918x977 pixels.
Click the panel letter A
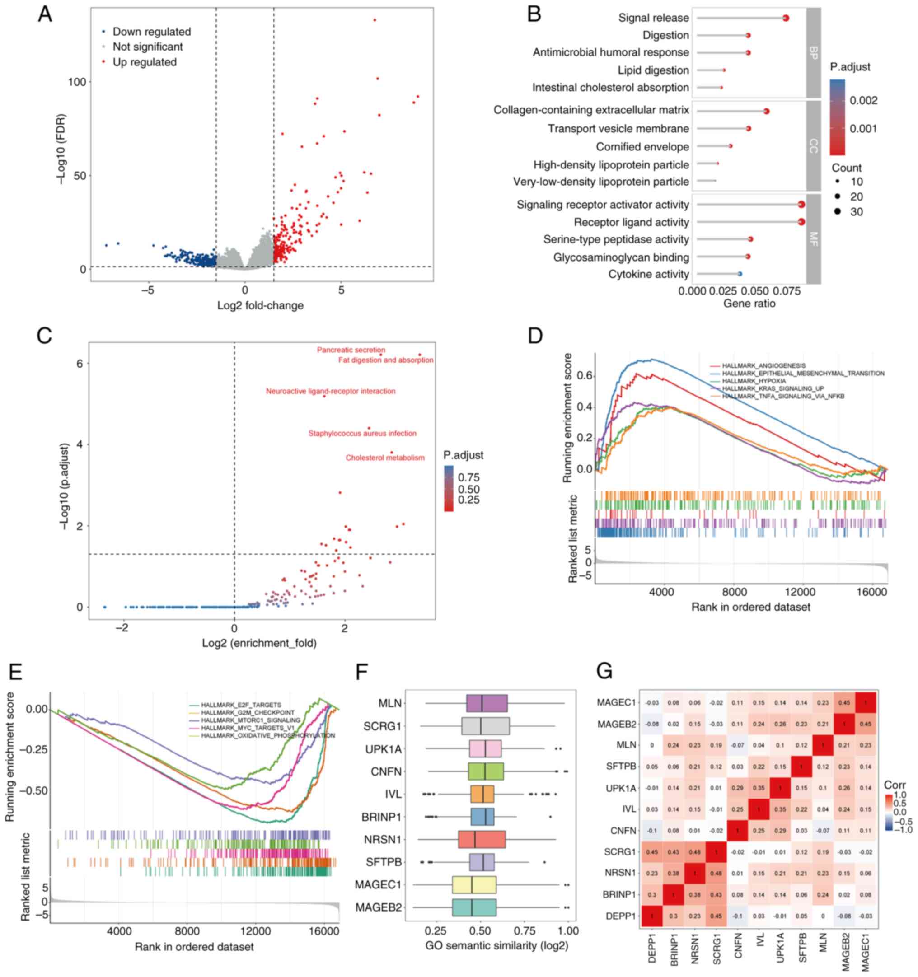45,15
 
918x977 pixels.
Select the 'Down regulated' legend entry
151,32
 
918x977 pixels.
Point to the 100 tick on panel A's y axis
77,82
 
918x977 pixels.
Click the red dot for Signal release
785,18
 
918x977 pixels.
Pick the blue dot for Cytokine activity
740,274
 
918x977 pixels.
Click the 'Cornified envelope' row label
642,147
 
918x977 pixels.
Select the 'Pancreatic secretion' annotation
351,350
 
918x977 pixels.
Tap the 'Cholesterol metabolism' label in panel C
385,458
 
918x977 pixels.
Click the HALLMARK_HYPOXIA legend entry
754,381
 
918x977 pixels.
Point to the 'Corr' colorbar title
895,785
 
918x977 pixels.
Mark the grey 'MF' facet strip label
813,239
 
